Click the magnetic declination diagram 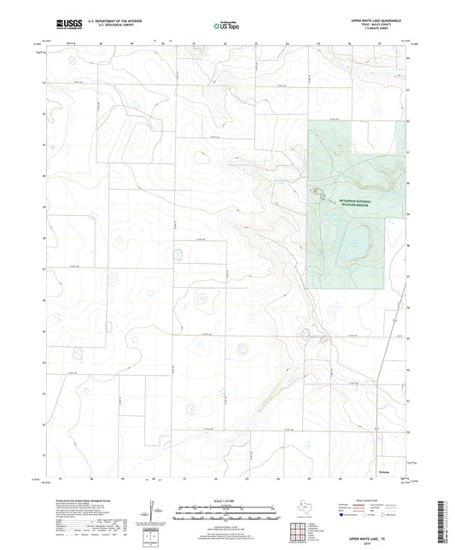(154, 512)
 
